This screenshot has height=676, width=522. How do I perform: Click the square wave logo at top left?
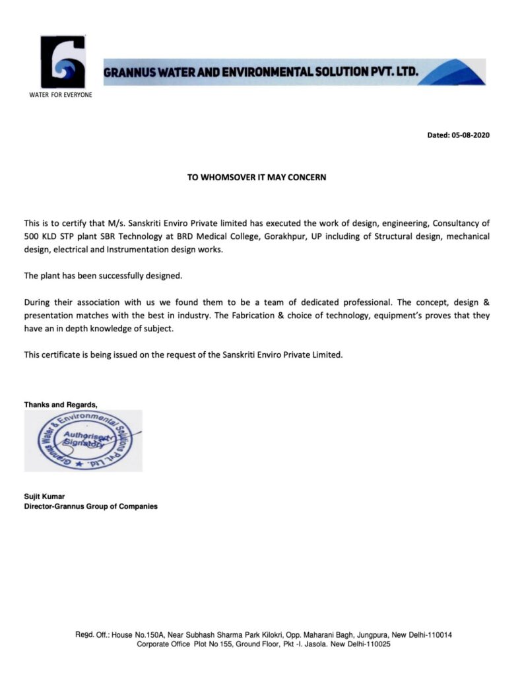pos(63,62)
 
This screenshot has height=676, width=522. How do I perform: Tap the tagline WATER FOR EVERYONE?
pos(61,95)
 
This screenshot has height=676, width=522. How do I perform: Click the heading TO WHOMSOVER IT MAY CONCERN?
pos(257,178)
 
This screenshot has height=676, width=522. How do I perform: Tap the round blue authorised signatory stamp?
pos(83,440)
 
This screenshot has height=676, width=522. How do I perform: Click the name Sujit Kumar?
pos(46,496)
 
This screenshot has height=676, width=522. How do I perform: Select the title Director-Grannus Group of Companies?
pos(91,507)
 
